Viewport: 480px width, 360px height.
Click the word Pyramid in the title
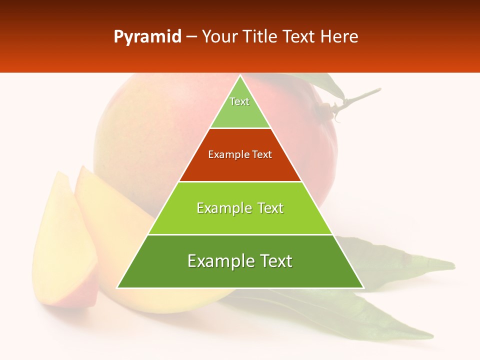pos(147,37)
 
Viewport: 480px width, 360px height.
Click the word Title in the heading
pos(259,37)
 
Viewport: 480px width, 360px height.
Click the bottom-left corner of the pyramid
pos(118,287)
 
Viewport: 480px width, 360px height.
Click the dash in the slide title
pos(191,37)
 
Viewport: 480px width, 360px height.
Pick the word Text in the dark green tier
pos(276,261)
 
